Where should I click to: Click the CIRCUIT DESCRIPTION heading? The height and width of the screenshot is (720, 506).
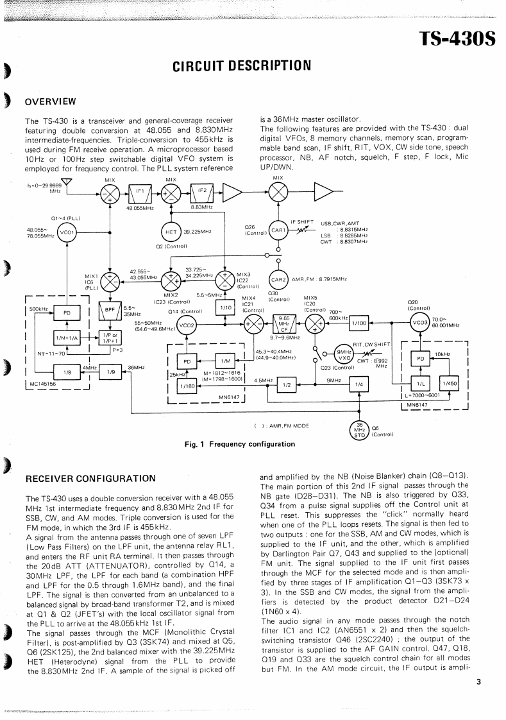242,65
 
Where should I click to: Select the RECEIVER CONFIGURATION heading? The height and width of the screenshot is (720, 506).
90,478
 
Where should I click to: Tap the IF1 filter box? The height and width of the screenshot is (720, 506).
139,191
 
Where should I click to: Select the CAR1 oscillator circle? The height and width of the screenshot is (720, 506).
278,230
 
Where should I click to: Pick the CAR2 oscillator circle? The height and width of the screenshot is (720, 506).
278,279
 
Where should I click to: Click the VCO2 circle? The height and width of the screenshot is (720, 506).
188,325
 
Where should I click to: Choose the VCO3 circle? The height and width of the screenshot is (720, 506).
421,322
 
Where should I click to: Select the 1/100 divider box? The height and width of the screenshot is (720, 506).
359,323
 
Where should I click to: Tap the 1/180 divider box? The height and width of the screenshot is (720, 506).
187,386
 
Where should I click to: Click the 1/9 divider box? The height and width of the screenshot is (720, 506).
110,371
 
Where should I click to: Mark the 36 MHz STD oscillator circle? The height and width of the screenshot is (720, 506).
360,431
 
